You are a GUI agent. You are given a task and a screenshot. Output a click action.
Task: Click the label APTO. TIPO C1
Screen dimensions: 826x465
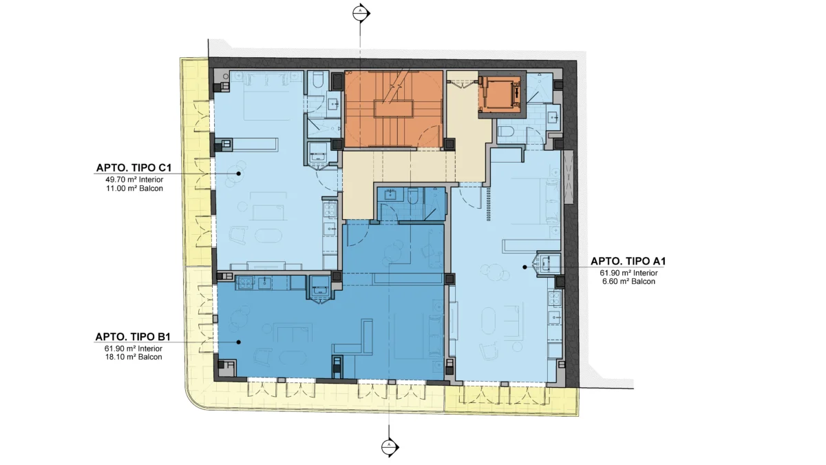pyautogui.click(x=134, y=167)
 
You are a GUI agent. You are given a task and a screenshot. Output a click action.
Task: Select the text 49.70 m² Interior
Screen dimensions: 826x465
pyautogui.click(x=134, y=180)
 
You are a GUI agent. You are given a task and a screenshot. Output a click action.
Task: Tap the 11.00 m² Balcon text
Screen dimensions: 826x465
pyautogui.click(x=134, y=188)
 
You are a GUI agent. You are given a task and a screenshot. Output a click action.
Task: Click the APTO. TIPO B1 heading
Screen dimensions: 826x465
pyautogui.click(x=133, y=337)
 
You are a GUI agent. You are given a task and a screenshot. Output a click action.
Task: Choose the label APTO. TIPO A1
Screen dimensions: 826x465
pyautogui.click(x=628, y=261)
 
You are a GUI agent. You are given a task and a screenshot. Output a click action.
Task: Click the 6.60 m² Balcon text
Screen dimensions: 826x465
pyautogui.click(x=628, y=282)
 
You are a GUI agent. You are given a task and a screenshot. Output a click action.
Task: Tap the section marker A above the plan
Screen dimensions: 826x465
pyautogui.click(x=360, y=13)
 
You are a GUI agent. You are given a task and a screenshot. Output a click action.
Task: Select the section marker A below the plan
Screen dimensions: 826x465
pyautogui.click(x=390, y=447)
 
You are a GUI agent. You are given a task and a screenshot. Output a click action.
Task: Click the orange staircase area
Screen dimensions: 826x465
pyautogui.click(x=394, y=109)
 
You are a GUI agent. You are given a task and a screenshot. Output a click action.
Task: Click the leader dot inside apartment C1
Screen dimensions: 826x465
pyautogui.click(x=239, y=174)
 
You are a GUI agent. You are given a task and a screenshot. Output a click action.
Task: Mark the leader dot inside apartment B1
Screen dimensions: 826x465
pyautogui.click(x=239, y=342)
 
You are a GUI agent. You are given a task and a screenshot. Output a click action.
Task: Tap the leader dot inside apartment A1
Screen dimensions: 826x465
pyautogui.click(x=525, y=267)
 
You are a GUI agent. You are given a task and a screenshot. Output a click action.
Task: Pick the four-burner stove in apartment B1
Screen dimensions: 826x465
pyautogui.click(x=245, y=283)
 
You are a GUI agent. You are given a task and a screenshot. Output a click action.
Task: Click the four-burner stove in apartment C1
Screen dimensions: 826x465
pyautogui.click(x=330, y=209)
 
